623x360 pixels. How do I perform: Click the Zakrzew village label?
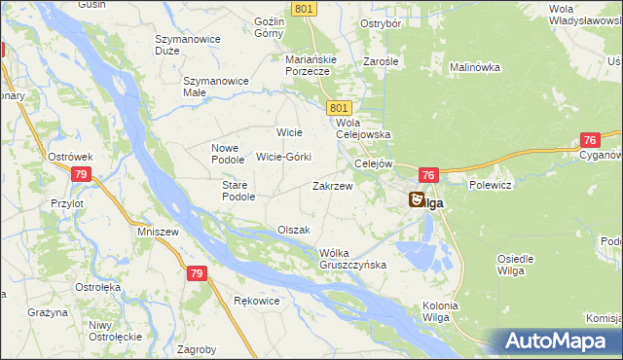332,185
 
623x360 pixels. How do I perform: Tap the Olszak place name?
293,230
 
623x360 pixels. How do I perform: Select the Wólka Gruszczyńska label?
353,258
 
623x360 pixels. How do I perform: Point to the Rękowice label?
257,301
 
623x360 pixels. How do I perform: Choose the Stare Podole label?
238,190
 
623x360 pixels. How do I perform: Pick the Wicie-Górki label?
283,157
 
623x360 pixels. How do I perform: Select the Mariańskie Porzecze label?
311,65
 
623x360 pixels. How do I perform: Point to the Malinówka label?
474,67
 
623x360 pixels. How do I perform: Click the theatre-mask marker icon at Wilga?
416,199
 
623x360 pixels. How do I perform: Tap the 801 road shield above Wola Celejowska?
339,107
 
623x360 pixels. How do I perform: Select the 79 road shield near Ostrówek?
82,174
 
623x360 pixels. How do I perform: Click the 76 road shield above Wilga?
428,174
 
